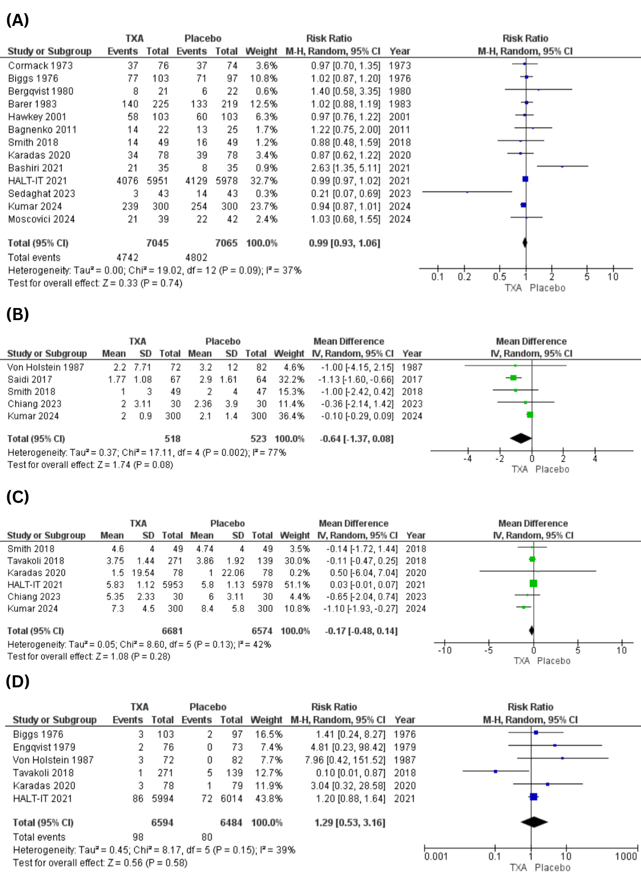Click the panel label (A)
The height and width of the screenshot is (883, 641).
click(x=17, y=20)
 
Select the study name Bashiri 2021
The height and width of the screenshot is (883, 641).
click(x=36, y=168)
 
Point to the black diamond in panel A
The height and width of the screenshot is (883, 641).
click(x=525, y=243)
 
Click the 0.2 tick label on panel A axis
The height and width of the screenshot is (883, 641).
click(x=464, y=277)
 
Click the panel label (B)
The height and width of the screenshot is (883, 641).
click(x=17, y=314)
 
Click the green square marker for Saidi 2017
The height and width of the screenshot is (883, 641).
click(x=513, y=378)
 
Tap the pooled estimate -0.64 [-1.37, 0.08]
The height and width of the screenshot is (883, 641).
click(x=356, y=439)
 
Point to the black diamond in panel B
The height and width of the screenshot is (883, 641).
click(x=521, y=438)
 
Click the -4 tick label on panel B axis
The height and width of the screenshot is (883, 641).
click(x=467, y=459)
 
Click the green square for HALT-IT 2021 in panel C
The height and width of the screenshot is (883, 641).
click(x=533, y=584)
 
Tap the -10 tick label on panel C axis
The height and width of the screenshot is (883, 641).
click(x=444, y=650)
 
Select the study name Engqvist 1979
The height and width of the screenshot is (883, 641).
click(x=44, y=747)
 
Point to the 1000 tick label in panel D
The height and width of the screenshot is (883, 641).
click(x=626, y=856)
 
